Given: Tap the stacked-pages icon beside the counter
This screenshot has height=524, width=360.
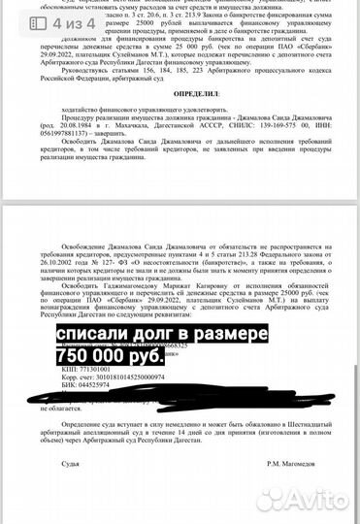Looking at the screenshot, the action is click(44, 20).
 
